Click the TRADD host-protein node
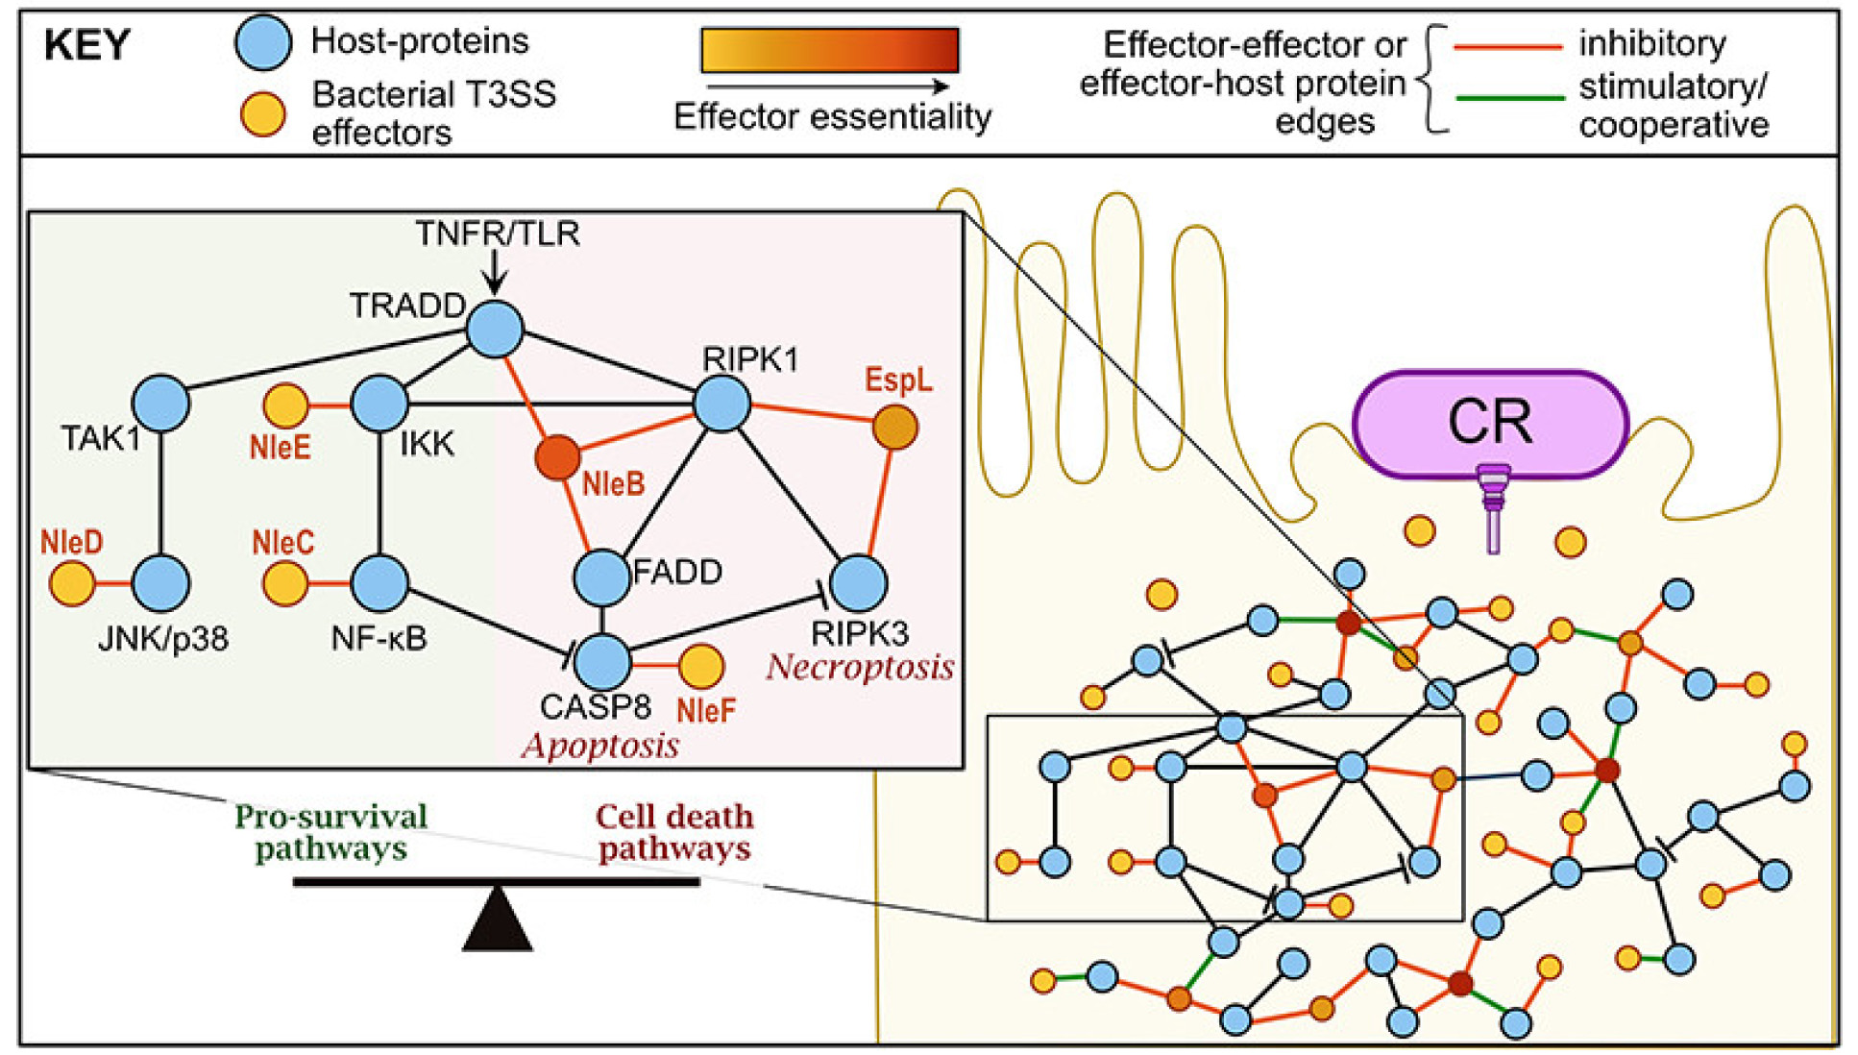495,329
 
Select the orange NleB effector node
557,457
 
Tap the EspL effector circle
894,428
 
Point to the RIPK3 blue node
858,583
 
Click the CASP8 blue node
602,662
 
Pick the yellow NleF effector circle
701,666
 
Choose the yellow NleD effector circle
72,583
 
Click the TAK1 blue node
160,403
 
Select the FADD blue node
602,577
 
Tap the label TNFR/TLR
498,233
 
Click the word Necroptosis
860,667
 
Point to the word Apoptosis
600,746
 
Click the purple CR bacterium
1490,423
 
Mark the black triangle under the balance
497,920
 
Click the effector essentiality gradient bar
830,50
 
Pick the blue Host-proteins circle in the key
263,42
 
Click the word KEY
86,45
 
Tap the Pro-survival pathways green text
330,832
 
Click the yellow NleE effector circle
285,405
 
